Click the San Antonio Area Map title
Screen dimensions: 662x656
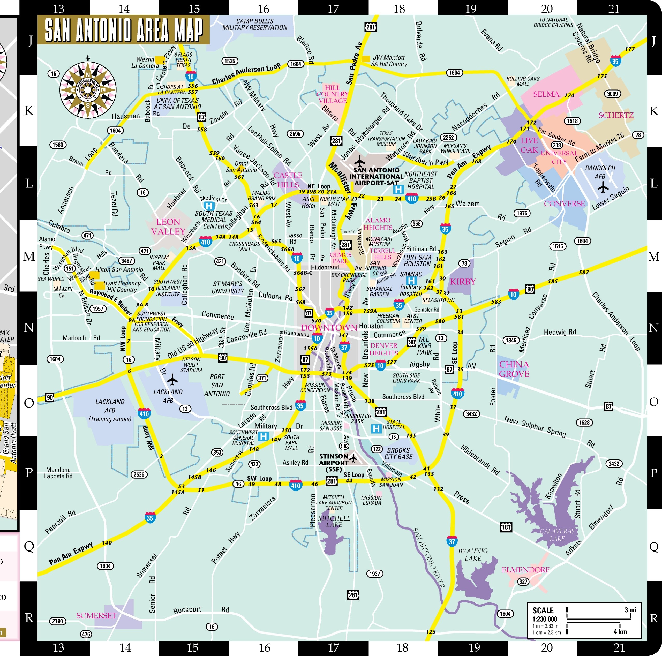pos(123,30)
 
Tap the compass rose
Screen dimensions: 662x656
pos(88,90)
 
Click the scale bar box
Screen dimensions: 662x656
pos(584,620)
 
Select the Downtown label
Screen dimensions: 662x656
pos(329,328)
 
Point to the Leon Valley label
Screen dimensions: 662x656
pos(168,227)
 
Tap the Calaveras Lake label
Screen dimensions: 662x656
pos(557,535)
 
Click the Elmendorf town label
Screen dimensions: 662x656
pos(525,570)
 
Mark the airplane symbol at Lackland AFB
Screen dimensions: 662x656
pos(172,380)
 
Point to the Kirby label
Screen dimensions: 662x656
pos(463,282)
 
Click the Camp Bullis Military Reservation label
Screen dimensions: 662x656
pos(255,24)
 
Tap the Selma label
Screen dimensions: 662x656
pos(546,94)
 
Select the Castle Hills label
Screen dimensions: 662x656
pos(288,180)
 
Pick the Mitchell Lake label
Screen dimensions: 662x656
pos(334,521)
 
